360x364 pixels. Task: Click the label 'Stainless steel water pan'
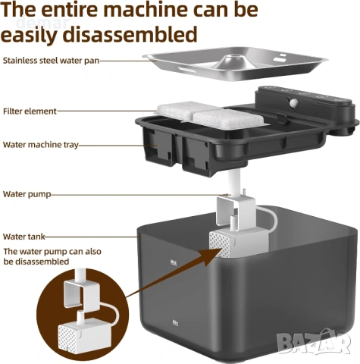click(x=51, y=61)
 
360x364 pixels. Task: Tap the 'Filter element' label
click(x=30, y=111)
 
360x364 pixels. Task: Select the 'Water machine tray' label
click(x=41, y=145)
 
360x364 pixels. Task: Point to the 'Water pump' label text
click(x=27, y=194)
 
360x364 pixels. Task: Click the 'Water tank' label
click(x=24, y=237)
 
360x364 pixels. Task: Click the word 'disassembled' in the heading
click(x=130, y=34)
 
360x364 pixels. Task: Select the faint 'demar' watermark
click(x=44, y=23)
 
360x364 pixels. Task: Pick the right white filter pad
click(x=229, y=119)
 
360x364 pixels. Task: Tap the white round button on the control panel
click(x=293, y=102)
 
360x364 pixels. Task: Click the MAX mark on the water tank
click(x=174, y=263)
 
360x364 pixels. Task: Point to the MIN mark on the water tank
click(x=175, y=322)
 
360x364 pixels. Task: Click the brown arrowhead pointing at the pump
click(x=213, y=256)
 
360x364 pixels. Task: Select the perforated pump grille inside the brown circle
click(x=68, y=336)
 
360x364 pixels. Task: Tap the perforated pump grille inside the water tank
click(x=220, y=245)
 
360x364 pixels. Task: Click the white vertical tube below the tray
click(x=234, y=184)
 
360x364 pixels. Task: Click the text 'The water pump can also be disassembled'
click(x=52, y=256)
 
